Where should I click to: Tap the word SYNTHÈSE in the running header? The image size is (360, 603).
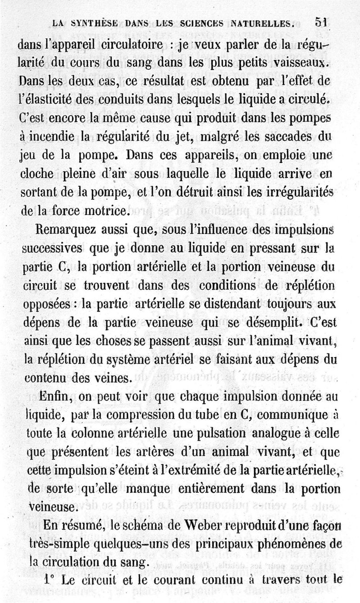tap(90, 22)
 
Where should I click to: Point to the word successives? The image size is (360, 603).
tap(52, 249)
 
